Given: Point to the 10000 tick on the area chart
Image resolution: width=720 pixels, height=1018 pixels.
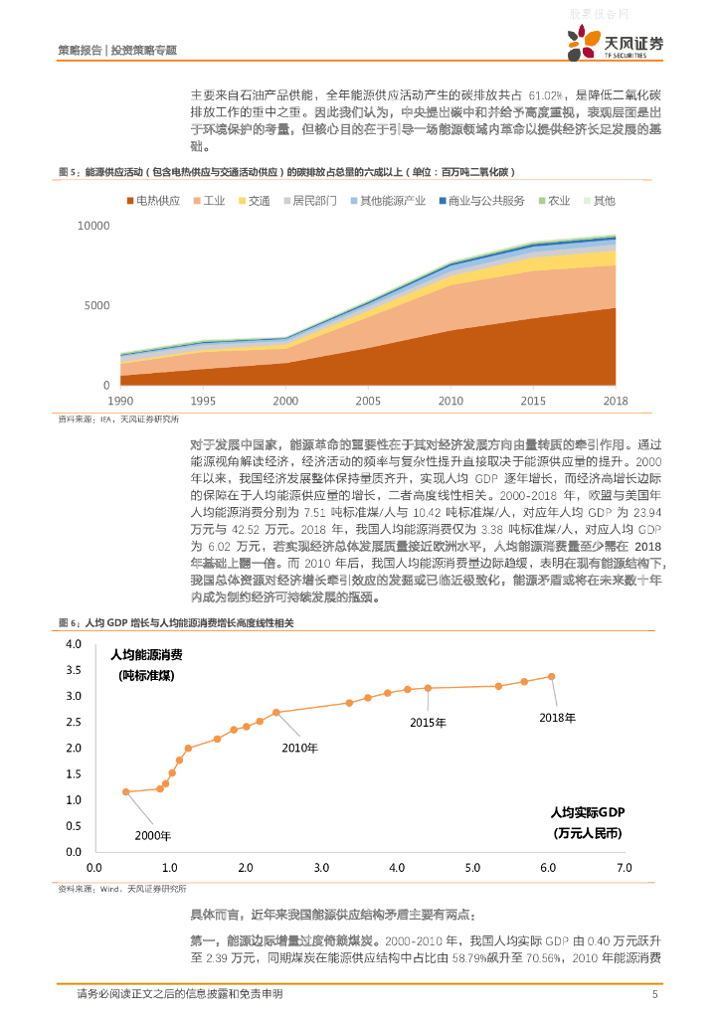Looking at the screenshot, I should click(93, 226).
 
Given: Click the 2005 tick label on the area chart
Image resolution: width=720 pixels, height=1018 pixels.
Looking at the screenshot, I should click(368, 400).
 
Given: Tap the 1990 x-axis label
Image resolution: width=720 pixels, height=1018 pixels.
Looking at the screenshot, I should click(120, 400).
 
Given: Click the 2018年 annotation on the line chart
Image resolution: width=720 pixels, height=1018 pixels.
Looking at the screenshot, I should click(557, 717).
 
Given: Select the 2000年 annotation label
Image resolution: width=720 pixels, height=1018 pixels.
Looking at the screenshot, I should click(153, 835).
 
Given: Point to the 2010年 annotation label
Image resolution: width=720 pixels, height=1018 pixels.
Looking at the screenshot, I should click(299, 748).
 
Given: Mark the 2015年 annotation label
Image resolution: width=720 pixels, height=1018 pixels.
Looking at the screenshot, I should click(428, 722).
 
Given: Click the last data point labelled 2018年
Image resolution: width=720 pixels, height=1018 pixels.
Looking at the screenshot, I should click(552, 677).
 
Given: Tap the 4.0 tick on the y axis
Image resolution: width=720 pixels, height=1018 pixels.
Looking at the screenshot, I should click(73, 645).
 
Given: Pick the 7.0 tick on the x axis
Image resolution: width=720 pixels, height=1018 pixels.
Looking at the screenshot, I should click(624, 868).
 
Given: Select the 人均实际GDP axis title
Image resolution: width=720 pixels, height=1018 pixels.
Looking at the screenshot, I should click(588, 812).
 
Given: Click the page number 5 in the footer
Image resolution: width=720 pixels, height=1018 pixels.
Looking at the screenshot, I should click(654, 994).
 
